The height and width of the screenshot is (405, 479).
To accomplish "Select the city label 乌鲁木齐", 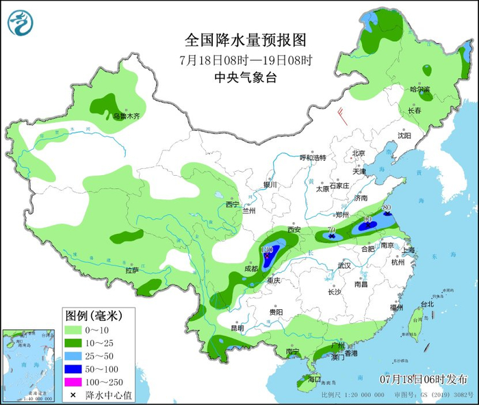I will (x=126, y=117).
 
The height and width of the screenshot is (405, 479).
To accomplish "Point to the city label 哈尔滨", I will (x=419, y=90).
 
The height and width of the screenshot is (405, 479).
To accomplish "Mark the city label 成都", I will (x=251, y=268).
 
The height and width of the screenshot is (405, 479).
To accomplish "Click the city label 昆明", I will (x=237, y=328).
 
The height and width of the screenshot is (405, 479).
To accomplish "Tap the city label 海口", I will (x=314, y=378).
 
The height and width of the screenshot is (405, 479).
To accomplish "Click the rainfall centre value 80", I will (x=387, y=206).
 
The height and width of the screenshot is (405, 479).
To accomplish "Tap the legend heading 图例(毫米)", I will (x=93, y=315).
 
